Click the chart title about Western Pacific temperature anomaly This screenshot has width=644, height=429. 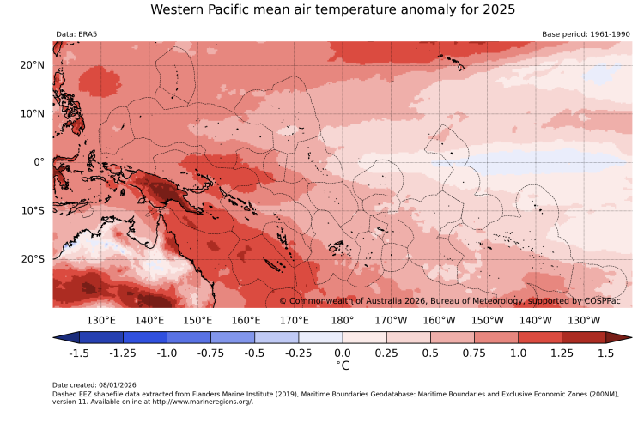coord(332,10)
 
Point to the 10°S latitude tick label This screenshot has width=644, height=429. coord(33,210)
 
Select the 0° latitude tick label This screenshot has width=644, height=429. coord(39,162)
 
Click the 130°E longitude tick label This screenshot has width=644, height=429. coord(101,320)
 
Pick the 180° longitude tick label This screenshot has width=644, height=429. coord(342,320)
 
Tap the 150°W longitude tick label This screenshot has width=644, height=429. coord(487,320)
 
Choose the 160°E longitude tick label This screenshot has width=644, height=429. coord(246,320)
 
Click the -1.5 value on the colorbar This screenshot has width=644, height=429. coord(79,353)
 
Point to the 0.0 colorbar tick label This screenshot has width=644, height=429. coord(342,353)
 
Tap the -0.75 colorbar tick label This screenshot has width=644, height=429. coord(210,353)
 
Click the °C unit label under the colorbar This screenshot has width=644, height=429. coord(342,366)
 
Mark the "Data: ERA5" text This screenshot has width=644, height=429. coord(76,34)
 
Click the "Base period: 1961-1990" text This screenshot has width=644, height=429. coord(586,34)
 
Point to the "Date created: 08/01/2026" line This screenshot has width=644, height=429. coord(94,384)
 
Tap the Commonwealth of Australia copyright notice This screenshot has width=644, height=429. coord(455,300)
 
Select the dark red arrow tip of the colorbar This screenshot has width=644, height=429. coord(624,338)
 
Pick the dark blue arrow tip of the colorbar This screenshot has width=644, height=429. coord(61,338)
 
